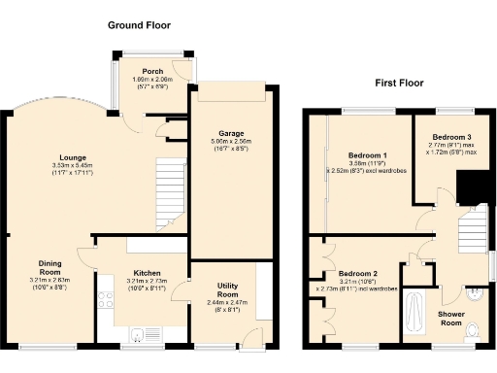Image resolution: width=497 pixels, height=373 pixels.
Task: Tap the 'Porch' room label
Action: (151, 69)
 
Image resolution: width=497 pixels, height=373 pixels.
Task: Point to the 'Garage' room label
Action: (231, 133)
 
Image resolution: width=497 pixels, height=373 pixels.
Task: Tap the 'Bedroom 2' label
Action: (356, 274)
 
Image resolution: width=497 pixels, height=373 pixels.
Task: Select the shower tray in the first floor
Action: (416, 315)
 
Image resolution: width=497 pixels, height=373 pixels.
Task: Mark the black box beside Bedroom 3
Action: (473, 187)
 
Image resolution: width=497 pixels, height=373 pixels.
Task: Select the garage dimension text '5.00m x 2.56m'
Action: (231, 142)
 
